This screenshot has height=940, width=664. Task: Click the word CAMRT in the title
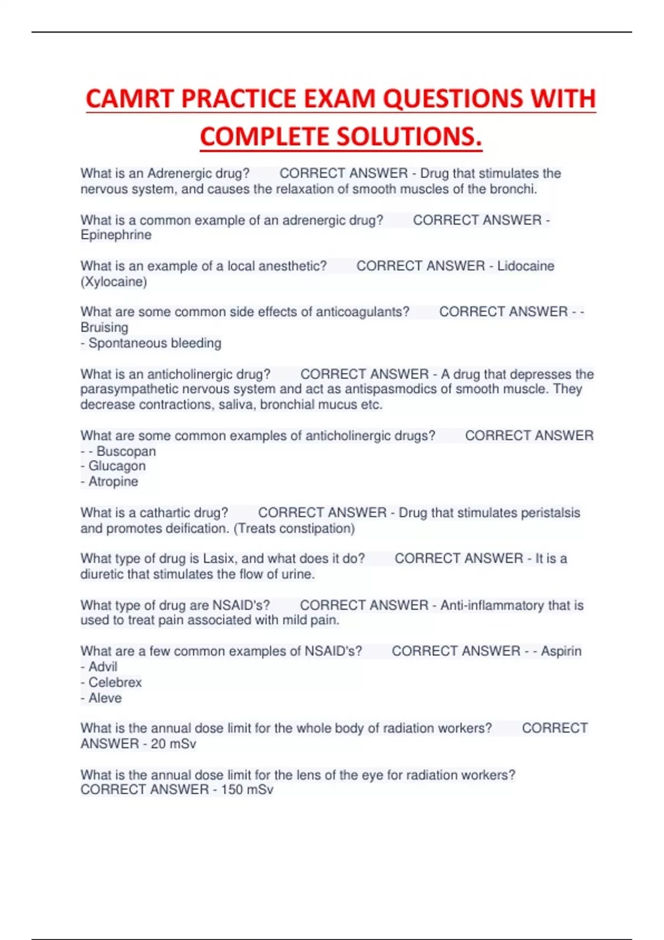[130, 99]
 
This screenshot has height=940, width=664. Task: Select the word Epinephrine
[116, 235]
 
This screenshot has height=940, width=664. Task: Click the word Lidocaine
[526, 266]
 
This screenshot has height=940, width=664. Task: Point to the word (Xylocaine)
[113, 282]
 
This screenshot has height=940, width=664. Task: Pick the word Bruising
[104, 327]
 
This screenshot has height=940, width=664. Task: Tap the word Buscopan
[126, 451]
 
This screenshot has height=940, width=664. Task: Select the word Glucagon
[117, 466]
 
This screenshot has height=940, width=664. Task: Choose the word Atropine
[113, 482]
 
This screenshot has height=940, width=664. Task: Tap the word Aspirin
[561, 651]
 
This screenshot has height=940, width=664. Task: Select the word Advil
[103, 667]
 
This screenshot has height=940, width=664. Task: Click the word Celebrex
[115, 682]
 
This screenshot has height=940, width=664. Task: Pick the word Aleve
[105, 698]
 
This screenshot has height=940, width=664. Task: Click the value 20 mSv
[173, 744]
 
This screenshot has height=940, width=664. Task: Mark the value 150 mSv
[247, 790]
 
